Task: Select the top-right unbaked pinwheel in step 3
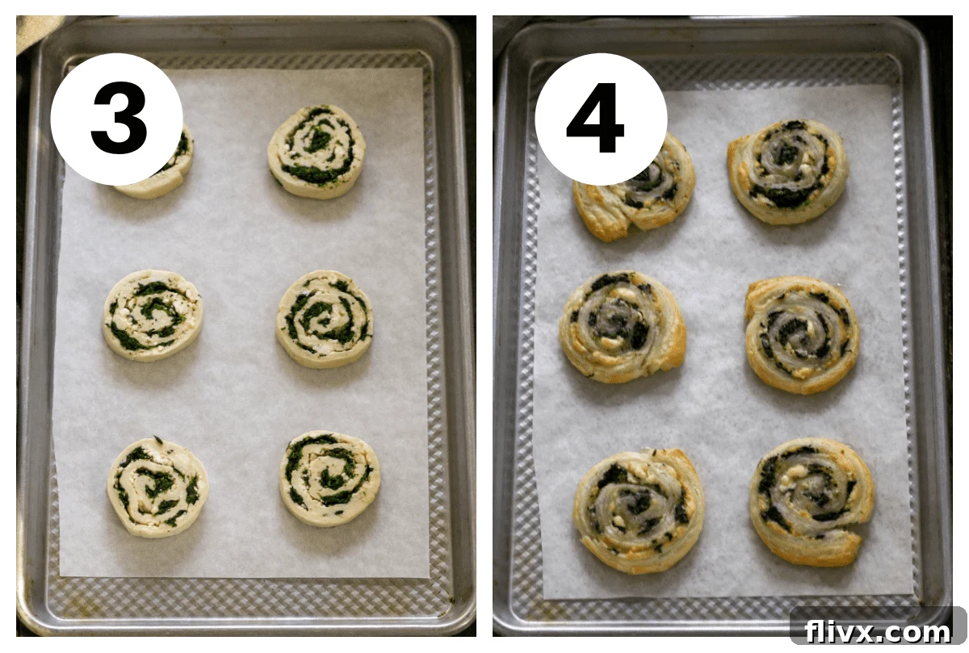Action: (316, 151)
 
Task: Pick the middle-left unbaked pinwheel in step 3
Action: (153, 315)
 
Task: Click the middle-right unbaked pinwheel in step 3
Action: (325, 318)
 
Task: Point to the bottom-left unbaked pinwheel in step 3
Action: (157, 487)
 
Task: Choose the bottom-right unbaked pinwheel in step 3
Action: (329, 479)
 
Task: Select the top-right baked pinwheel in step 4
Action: (787, 171)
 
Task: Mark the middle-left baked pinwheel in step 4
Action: (622, 326)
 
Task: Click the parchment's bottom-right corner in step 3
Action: (429, 576)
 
